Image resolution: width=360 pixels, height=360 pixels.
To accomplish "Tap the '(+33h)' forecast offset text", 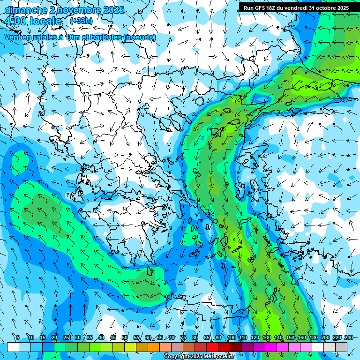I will (x=81, y=21).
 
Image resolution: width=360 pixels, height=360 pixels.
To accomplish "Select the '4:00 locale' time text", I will (x=33, y=21).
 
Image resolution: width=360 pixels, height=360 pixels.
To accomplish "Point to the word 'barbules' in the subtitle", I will (x=106, y=37).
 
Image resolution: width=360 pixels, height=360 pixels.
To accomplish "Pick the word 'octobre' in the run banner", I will (x=331, y=8).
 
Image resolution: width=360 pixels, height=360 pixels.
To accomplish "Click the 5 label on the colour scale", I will (x=18, y=337).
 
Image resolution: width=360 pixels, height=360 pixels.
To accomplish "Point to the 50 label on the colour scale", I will (x=125, y=337).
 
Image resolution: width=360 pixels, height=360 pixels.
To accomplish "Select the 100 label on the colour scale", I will (x=232, y=337).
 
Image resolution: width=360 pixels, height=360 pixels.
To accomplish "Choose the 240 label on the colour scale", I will (x=349, y=337).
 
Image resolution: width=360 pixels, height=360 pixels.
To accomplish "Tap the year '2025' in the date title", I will (x=113, y=10).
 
